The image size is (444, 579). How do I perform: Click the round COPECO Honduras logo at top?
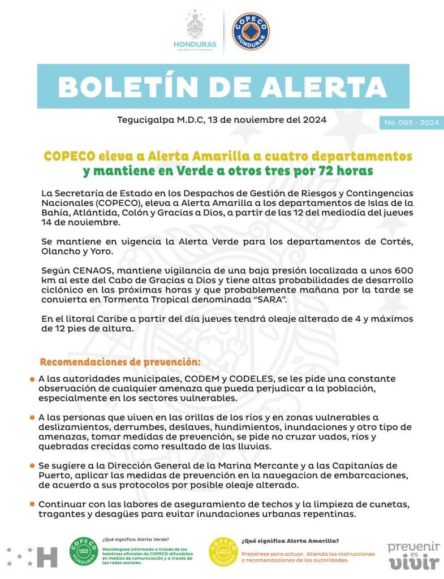[251, 32]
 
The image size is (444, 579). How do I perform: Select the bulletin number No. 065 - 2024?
[411, 123]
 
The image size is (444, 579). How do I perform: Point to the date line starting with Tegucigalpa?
[221, 120]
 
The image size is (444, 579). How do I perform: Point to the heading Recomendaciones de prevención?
[120, 361]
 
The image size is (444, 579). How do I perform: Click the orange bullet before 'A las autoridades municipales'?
[33, 378]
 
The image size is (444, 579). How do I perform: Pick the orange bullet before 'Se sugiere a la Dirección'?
[33, 465]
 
